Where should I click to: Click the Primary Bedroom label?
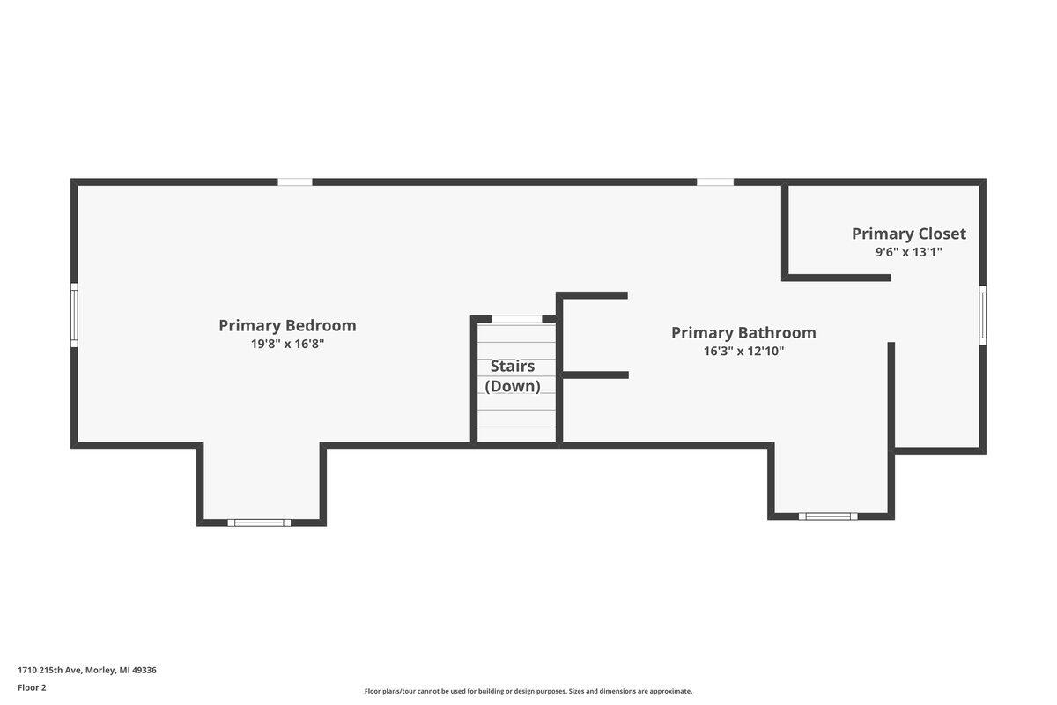tap(287, 326)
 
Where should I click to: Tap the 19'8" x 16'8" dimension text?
tap(287, 344)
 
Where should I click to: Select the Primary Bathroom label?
tap(743, 333)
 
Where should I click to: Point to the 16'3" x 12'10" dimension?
tap(743, 352)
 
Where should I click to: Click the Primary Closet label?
tap(909, 234)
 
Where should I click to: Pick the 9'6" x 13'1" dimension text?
tap(909, 252)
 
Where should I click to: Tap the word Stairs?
tap(513, 366)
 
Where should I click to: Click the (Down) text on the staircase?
tap(513, 386)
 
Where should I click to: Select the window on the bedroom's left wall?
tap(74, 315)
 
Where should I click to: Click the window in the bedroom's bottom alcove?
tap(259, 523)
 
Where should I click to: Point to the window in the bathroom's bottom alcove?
tap(828, 516)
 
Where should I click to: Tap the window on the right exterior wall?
tap(982, 315)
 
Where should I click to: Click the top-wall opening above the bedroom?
tap(295, 182)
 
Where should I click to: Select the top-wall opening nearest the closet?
tap(715, 182)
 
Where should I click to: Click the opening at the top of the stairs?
tap(517, 319)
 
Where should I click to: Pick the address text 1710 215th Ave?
tap(50, 670)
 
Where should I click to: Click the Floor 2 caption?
tap(32, 687)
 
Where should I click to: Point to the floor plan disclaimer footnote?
tap(528, 691)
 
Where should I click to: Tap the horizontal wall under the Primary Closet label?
tap(836, 278)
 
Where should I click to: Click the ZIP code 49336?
tap(144, 670)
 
